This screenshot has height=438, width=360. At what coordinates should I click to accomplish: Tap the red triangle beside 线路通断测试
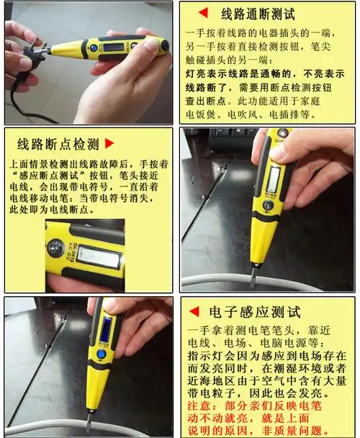203,13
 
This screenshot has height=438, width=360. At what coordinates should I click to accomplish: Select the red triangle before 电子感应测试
194,313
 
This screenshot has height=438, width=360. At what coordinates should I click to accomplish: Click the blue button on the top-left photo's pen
94,50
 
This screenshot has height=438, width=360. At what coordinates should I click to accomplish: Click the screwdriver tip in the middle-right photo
253,277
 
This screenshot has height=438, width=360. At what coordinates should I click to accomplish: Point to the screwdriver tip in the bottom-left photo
88,425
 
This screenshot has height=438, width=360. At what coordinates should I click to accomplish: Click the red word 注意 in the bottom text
200,406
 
